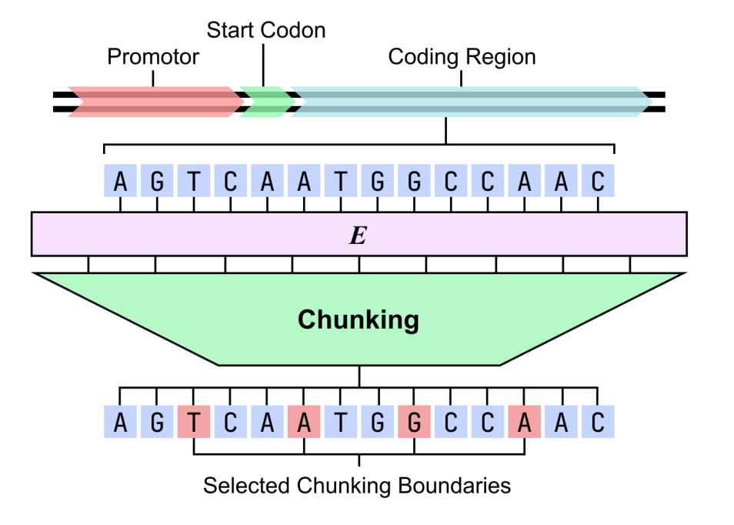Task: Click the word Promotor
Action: [x=153, y=57]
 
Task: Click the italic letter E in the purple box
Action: [x=358, y=236]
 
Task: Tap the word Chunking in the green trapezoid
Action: [x=359, y=319]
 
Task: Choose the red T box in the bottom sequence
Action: [x=194, y=423]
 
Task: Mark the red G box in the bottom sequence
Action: [x=414, y=423]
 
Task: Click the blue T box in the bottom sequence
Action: [x=341, y=423]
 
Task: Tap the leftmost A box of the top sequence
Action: [x=120, y=182]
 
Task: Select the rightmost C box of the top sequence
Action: [x=598, y=182]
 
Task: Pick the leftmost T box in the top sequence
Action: [x=194, y=182]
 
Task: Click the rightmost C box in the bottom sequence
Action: [x=598, y=423]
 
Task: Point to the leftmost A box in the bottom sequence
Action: [x=120, y=423]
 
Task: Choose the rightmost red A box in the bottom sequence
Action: [x=524, y=423]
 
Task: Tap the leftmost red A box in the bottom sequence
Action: [x=304, y=423]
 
